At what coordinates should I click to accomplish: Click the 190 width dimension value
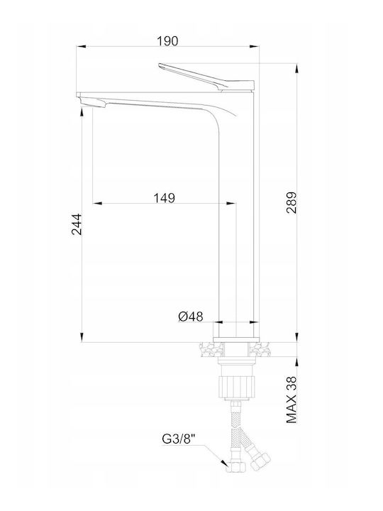point(167,41)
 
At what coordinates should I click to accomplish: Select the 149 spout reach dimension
point(164,198)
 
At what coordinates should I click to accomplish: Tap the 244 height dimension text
point(77,224)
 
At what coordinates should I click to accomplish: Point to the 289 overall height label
point(292,202)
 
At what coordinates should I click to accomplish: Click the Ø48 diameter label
point(191,316)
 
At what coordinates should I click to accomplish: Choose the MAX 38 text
point(292,400)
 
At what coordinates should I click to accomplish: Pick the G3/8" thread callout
point(178,439)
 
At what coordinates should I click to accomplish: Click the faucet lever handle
point(206,77)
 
